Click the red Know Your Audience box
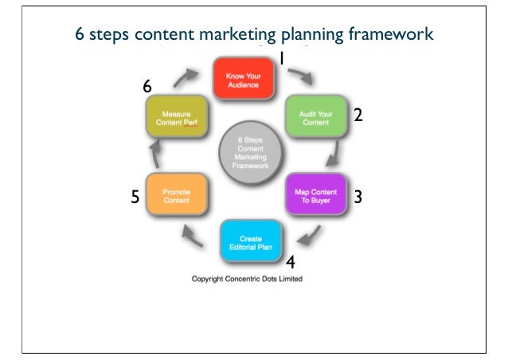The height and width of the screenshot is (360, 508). point(243,76)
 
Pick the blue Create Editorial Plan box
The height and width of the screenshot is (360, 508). point(250,241)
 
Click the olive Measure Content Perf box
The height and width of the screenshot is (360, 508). point(176,119)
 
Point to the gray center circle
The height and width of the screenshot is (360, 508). point(245,152)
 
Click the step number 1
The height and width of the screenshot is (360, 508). point(282,58)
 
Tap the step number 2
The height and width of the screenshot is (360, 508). point(358,116)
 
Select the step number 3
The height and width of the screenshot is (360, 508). point(358,196)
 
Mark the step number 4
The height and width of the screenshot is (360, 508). point(291,261)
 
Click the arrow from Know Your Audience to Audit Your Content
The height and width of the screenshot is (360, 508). point(301,76)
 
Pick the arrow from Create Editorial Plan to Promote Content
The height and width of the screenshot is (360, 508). point(193,234)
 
